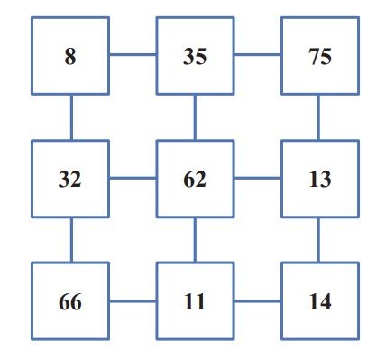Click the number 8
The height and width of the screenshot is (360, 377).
[70, 56]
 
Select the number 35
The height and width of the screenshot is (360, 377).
[195, 56]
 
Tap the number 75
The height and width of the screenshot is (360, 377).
[320, 56]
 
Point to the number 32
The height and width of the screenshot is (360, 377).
[69, 179]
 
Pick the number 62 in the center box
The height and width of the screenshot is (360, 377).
[195, 179]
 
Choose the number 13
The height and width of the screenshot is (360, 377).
[320, 179]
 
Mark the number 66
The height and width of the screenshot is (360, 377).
[70, 301]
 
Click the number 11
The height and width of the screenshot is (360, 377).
[195, 301]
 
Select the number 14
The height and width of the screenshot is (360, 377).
[320, 301]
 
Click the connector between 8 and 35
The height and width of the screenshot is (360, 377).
[133, 55]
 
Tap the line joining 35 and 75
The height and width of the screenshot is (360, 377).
[258, 55]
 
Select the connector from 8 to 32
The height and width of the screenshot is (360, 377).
[71, 117]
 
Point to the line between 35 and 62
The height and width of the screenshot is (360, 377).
[195, 117]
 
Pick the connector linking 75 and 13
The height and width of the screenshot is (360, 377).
[318, 117]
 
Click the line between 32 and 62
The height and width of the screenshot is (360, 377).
[133, 178]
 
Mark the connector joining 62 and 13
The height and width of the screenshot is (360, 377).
[258, 178]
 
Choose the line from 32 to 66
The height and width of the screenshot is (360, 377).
[71, 240]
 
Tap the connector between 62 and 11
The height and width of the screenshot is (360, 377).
[195, 240]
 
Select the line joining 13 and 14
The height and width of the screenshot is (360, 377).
[318, 240]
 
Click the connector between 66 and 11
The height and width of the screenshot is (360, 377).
[133, 300]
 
